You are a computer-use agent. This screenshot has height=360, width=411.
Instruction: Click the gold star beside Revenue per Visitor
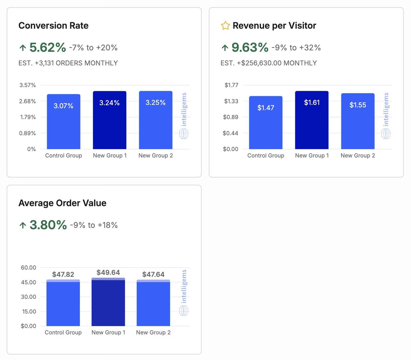[x=225, y=26]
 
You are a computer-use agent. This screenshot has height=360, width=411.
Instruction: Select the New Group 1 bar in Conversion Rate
[x=109, y=120]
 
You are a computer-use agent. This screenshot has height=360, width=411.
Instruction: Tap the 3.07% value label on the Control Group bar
[x=63, y=106]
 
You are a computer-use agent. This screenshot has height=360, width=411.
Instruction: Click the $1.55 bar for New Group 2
[x=358, y=121]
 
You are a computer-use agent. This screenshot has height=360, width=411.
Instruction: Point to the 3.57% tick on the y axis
[x=28, y=85]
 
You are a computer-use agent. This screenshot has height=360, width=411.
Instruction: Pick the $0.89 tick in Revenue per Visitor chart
[x=231, y=117]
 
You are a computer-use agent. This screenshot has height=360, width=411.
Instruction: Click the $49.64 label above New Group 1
[x=108, y=272]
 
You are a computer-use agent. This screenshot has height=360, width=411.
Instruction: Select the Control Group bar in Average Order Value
[x=63, y=303]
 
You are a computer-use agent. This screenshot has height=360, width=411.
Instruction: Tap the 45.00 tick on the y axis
[x=28, y=282]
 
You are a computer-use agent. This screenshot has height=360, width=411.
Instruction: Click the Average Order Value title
[x=62, y=203]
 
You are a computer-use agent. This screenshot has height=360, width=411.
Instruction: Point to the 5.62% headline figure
[x=48, y=48]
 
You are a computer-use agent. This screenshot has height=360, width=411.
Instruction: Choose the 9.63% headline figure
[x=250, y=48]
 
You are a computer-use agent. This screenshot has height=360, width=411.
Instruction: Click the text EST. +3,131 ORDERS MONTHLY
[x=68, y=63]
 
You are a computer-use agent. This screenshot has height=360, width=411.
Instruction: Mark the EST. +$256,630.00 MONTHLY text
[x=269, y=63]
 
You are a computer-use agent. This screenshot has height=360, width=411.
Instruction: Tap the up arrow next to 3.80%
[x=23, y=225]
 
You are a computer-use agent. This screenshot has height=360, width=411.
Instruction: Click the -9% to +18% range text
[x=94, y=225]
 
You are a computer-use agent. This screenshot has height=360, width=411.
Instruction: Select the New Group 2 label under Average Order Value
[x=153, y=332]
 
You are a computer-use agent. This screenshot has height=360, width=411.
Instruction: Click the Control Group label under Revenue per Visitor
[x=266, y=156]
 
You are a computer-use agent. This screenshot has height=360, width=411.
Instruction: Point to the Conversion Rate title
[x=53, y=26]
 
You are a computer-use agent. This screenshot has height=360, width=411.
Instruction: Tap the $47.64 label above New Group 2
[x=153, y=275]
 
